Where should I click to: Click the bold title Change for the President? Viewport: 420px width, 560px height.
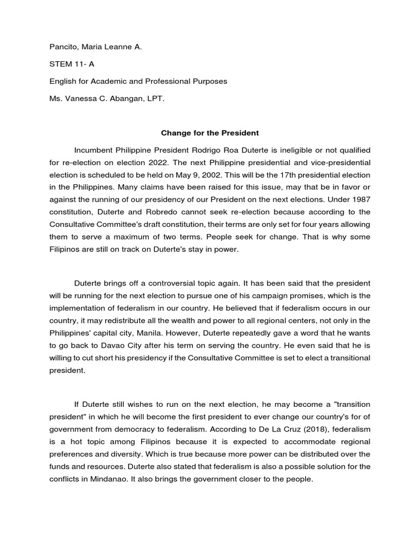[x=209, y=133]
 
